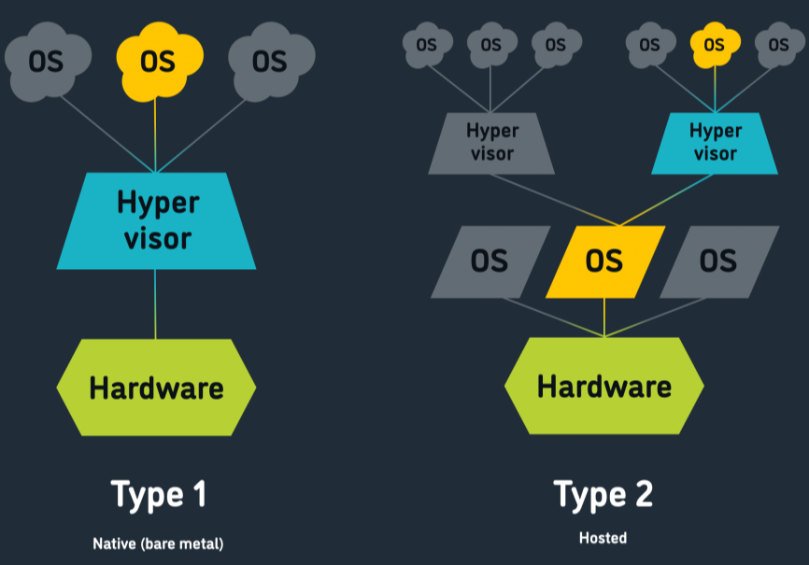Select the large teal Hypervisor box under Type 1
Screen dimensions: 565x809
[x=156, y=220]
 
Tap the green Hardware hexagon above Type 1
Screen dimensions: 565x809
[x=156, y=387]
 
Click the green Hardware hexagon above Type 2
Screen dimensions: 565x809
[x=604, y=385]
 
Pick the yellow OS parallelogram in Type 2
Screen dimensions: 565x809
[x=604, y=261]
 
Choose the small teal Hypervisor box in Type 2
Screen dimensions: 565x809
[x=715, y=143]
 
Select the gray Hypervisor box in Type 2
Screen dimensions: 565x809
[x=491, y=143]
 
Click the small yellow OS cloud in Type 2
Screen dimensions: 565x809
[x=714, y=44]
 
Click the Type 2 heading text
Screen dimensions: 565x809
[x=603, y=493]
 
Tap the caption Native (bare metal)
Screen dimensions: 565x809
[x=158, y=543]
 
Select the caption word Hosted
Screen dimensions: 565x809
[x=603, y=538]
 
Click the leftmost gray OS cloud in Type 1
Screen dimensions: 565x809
[x=46, y=60]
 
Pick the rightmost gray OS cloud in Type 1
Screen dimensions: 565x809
[x=269, y=60]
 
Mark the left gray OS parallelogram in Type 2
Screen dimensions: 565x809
[x=490, y=261]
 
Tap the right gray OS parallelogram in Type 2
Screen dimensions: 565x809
[x=718, y=261]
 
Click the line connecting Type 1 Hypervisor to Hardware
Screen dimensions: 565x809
[x=156, y=304]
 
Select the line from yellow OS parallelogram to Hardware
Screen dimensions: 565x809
[x=604, y=318]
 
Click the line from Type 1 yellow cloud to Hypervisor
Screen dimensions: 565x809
[x=156, y=131]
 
